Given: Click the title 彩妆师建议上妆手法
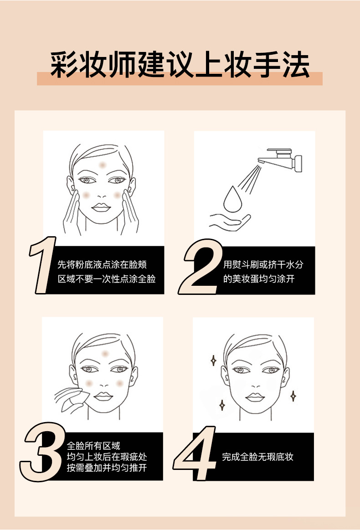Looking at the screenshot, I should point(180,65).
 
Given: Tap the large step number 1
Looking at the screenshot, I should point(43,265).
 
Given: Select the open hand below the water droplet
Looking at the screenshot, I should point(230,221).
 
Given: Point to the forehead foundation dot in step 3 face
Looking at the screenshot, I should point(106,353).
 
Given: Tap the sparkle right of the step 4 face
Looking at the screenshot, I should point(293,396).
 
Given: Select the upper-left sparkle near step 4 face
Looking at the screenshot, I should point(213,361).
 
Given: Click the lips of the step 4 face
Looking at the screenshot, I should point(255,397).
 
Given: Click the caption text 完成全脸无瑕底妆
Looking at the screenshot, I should point(257,457).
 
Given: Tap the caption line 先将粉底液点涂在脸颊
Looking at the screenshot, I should point(102,265).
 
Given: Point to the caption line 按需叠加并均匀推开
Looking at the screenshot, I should point(107,468).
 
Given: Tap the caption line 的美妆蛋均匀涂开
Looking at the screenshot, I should point(258,278).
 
